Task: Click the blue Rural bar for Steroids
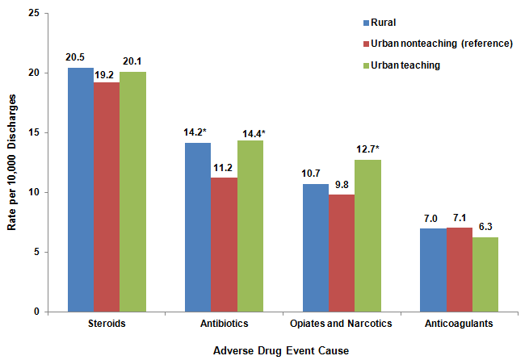80,190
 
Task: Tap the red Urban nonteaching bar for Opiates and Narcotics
342,253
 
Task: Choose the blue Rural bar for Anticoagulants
434,270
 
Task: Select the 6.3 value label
485,228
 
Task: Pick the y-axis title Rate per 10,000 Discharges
12,161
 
